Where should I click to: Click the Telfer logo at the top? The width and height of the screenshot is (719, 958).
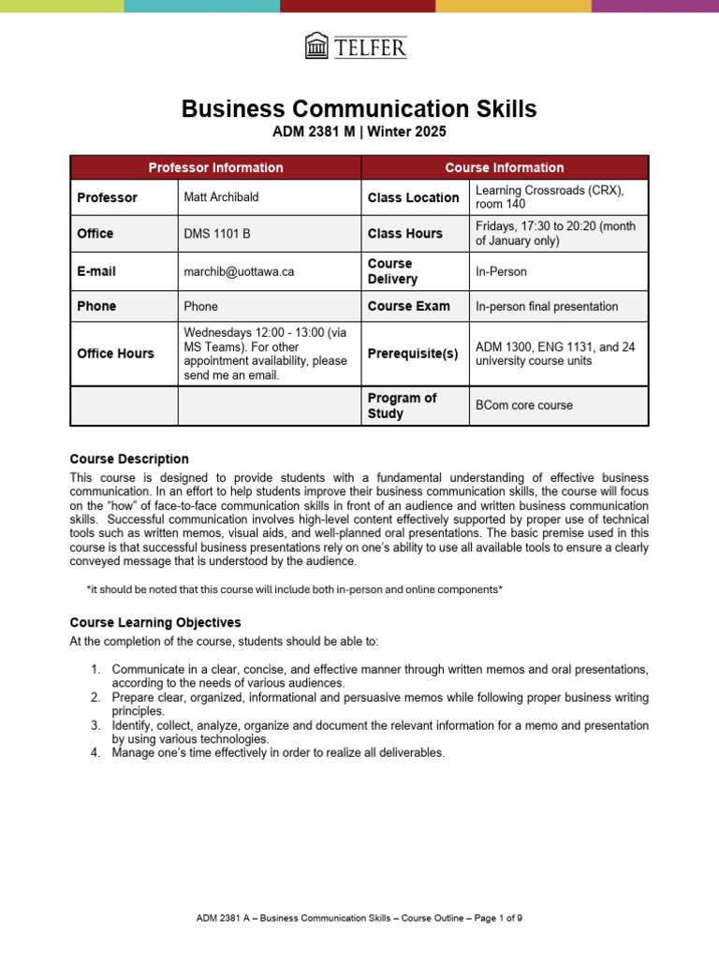point(357,46)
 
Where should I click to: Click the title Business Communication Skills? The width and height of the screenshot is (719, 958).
point(359,109)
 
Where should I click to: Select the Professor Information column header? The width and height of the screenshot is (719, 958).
point(215,167)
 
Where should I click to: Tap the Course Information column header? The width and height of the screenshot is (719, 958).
point(504,167)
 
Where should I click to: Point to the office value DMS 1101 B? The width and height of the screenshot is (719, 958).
point(213,234)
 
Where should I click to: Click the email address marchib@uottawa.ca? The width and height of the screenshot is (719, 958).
point(239,271)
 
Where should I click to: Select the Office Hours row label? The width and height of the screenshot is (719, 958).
point(116,354)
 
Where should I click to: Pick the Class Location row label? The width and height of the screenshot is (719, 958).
point(413,197)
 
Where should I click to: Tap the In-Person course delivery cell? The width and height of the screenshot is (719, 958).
point(501,271)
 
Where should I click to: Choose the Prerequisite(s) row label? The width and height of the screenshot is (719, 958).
point(413,354)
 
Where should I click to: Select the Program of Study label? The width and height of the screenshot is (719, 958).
point(402,405)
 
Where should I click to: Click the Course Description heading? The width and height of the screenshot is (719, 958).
point(129,458)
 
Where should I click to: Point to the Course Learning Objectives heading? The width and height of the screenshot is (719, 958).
point(155,622)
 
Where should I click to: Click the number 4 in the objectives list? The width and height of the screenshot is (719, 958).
point(95,752)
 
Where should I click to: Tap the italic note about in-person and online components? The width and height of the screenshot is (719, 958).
point(294,588)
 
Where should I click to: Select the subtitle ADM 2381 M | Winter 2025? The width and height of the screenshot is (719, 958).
point(359,133)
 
